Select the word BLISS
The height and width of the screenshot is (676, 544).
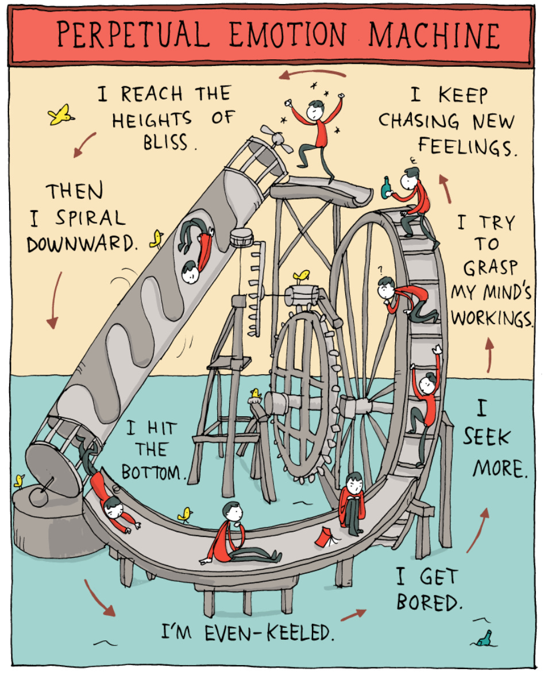[x=167, y=141]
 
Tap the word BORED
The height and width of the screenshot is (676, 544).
[x=429, y=602]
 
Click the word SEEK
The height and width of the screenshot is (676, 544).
[x=486, y=438]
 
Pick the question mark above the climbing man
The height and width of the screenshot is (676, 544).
[x=380, y=268]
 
